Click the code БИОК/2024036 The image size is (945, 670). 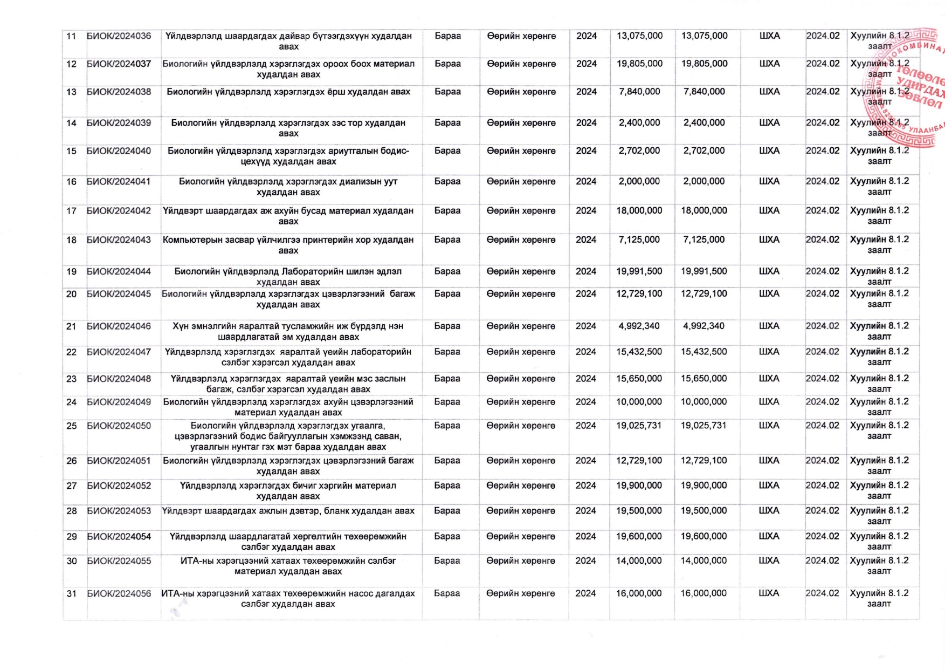(x=119, y=36)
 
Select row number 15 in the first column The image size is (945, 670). (x=71, y=151)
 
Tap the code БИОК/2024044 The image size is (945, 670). (x=119, y=271)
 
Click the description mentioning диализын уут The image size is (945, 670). (x=288, y=187)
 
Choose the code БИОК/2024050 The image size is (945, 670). (x=119, y=426)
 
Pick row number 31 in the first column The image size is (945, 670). (x=71, y=593)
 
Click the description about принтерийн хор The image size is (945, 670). (x=288, y=245)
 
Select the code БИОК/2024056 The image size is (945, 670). (x=119, y=593)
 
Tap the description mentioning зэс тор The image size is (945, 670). (x=288, y=128)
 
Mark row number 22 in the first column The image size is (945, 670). (x=71, y=352)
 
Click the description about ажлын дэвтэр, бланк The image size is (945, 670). (x=288, y=511)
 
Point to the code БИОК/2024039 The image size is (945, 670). (x=119, y=123)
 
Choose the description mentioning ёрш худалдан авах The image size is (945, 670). (x=288, y=92)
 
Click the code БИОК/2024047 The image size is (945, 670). (x=119, y=352)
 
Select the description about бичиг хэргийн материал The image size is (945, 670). (x=288, y=491)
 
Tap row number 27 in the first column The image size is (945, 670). (x=71, y=486)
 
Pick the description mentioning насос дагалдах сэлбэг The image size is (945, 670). (x=288, y=598)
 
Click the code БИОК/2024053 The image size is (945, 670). (x=119, y=511)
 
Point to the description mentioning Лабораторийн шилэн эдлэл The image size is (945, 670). (x=288, y=276)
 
